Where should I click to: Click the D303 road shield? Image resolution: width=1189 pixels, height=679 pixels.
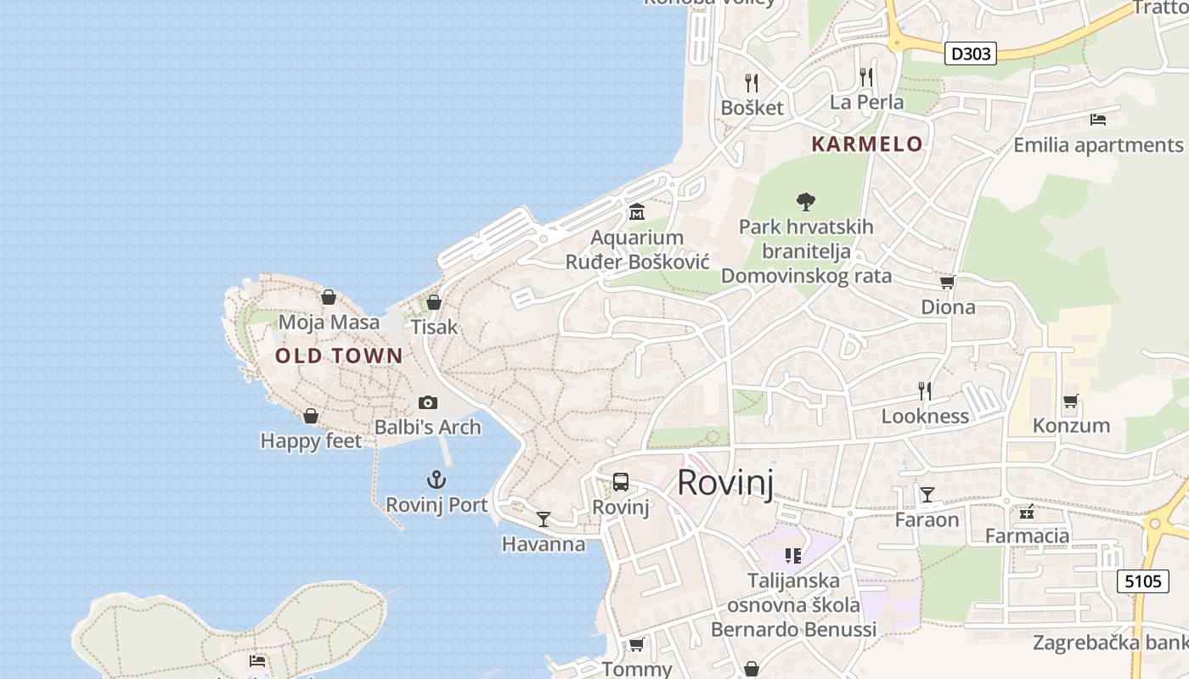point(970,53)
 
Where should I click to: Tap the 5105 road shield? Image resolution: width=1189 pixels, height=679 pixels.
point(1141,581)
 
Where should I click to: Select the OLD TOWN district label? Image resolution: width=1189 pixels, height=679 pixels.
point(339,356)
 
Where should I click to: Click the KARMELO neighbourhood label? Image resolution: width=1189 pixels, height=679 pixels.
point(866,144)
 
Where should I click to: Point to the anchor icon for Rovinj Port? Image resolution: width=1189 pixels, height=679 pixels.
point(436,480)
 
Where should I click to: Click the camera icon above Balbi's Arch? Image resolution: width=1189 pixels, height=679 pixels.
point(428,402)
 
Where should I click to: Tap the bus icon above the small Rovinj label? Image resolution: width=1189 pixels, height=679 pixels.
point(621,482)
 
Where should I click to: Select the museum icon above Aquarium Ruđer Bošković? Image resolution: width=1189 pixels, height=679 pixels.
point(636,212)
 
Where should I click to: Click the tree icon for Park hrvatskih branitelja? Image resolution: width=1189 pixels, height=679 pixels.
point(806,202)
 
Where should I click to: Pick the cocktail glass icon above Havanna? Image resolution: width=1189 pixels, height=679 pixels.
point(544,519)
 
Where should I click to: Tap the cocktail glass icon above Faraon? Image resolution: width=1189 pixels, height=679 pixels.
point(927,494)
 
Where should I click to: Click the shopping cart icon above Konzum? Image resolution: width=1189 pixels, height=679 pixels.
point(1070,401)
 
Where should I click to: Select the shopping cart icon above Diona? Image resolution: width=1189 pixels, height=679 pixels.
point(947,282)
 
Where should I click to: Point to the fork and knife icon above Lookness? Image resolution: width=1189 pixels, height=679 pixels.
point(925,390)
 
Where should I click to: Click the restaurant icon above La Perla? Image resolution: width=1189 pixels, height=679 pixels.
point(865,77)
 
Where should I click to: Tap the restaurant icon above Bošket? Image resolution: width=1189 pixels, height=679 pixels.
point(751,82)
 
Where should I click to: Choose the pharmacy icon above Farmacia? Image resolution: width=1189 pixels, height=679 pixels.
point(1027,511)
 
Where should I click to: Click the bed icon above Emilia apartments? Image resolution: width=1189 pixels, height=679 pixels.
point(1097,120)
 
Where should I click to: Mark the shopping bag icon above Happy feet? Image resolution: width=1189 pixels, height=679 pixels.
point(311,416)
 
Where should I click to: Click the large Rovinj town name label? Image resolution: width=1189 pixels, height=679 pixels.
point(725,483)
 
